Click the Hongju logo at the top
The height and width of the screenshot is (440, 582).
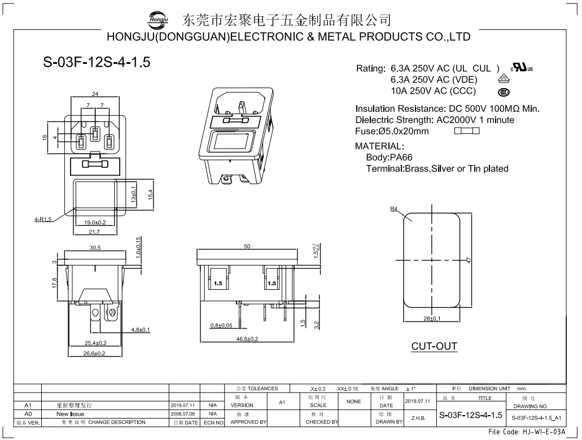pos(158,20)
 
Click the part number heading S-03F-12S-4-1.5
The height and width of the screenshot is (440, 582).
pos(97,62)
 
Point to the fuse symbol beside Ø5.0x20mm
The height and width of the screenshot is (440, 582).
pos(466,131)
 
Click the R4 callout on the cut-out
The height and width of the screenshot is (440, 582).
pos(393,209)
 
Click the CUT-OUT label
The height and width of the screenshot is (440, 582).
pos(434,346)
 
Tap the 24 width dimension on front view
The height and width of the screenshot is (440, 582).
pos(95,94)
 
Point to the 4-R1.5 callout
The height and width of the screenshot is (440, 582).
pos(42,219)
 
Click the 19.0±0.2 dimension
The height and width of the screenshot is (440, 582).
pos(95,223)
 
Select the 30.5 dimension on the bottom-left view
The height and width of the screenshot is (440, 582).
pos(95,247)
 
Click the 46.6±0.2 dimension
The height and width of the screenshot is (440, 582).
pos(247,339)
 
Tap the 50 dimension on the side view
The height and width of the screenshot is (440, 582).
pos(247,247)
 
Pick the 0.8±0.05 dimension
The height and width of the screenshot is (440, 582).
pos(221,325)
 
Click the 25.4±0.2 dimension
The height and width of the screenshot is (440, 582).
pos(95,343)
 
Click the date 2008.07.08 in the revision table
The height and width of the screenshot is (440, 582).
pos(182,413)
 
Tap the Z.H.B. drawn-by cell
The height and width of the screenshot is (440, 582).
pos(418,419)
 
